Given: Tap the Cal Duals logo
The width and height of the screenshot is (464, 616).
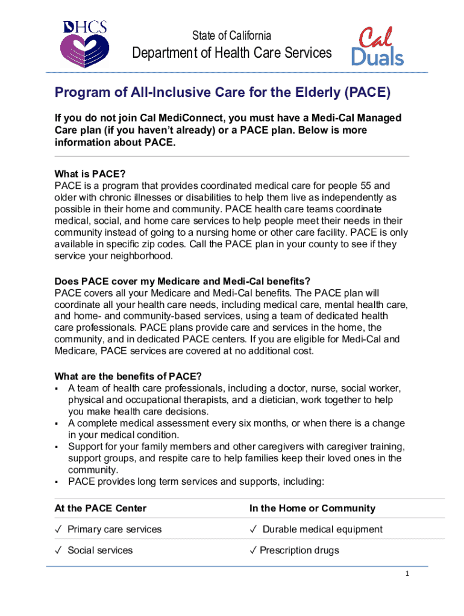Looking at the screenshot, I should click(378, 46).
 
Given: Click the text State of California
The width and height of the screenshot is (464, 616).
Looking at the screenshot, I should click(232, 35).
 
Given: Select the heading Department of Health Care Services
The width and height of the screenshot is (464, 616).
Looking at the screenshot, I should click(232, 53).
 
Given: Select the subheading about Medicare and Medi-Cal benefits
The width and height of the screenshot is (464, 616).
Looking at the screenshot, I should click(183, 282).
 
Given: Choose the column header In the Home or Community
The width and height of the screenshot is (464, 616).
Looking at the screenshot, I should click(312, 508).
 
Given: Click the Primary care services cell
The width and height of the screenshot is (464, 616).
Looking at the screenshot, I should click(114, 529).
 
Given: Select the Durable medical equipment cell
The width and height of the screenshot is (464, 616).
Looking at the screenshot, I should click(322, 529).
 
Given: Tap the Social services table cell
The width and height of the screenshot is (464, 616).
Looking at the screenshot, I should click(100, 550).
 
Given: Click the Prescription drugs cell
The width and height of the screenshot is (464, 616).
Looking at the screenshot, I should click(299, 550).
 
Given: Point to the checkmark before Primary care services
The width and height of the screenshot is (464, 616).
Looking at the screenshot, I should click(58, 529).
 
